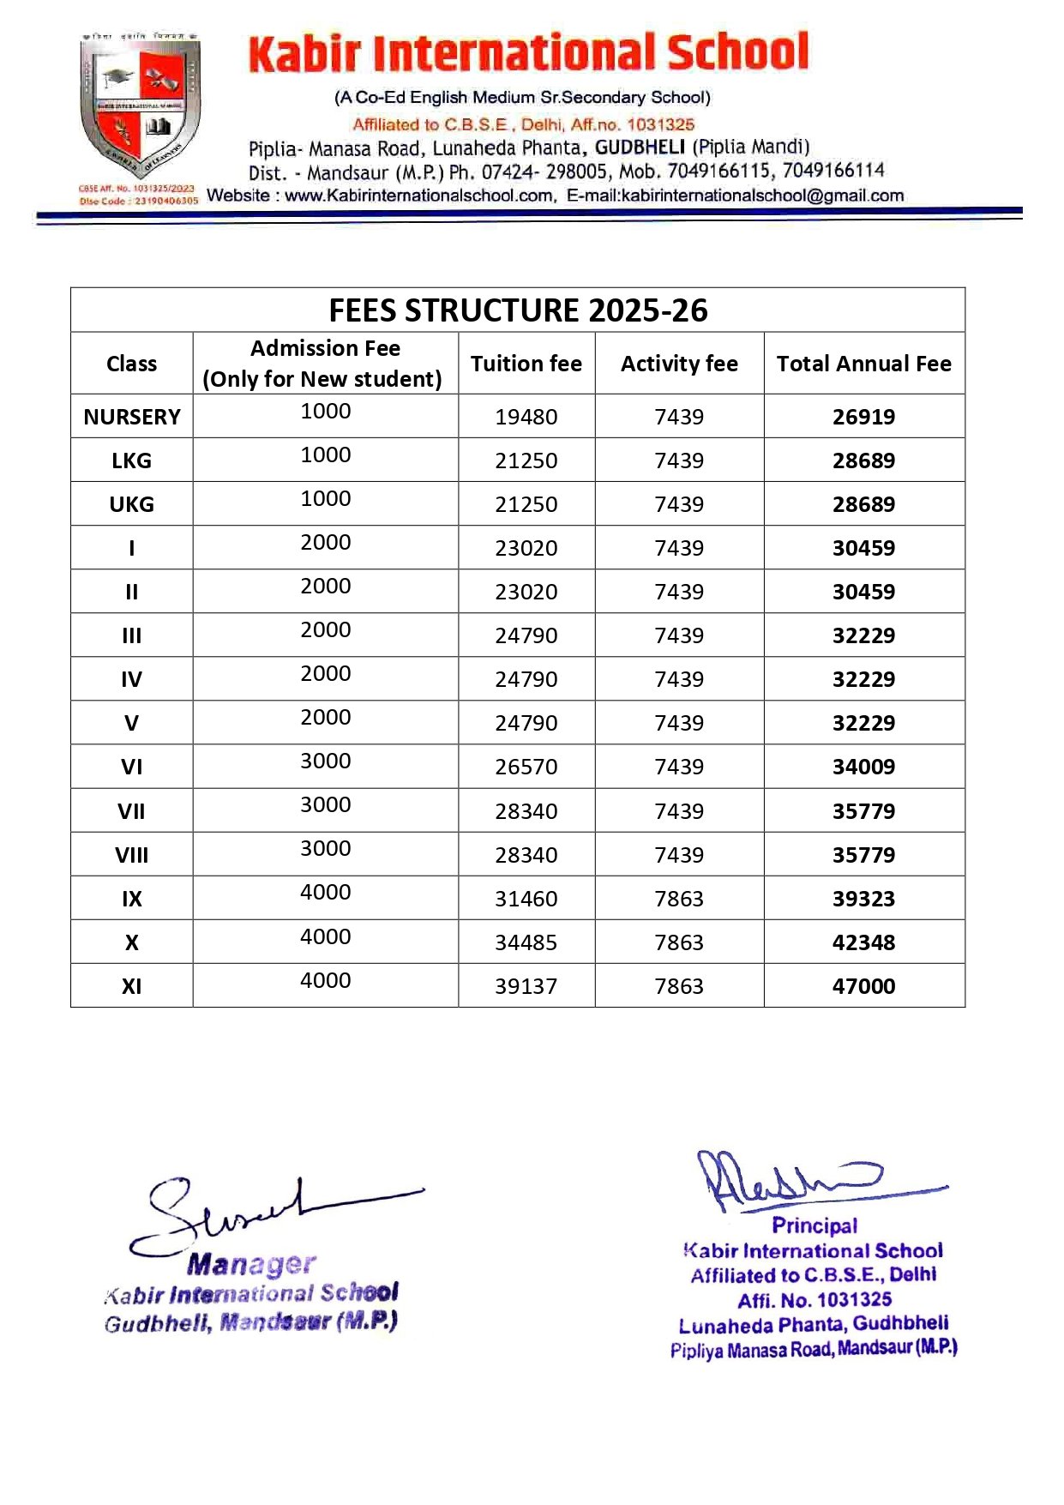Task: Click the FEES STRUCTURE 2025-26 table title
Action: [x=518, y=310]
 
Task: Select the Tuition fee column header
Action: [x=526, y=364]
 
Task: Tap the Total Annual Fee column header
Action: [x=863, y=364]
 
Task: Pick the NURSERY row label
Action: [x=132, y=417]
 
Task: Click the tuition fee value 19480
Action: [x=526, y=417]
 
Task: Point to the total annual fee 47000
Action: [x=863, y=986]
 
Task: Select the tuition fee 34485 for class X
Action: [x=526, y=942]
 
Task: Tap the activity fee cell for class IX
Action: [x=679, y=899]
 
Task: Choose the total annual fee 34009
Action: [x=863, y=767]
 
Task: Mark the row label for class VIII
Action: [x=132, y=855]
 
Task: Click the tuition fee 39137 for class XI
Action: [x=526, y=986]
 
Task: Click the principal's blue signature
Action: [x=797, y=1179]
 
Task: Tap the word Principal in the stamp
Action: [x=815, y=1225]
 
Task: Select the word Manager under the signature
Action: [x=252, y=1264]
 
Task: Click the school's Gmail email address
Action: [x=762, y=196]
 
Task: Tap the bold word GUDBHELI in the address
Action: [x=640, y=147]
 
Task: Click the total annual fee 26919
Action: [x=863, y=417]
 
